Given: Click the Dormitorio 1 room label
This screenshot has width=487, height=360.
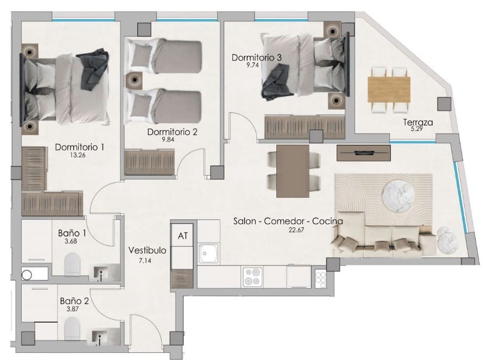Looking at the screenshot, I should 79,147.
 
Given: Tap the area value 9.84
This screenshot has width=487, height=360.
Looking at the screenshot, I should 161,138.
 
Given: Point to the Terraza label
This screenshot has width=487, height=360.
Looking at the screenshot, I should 418,123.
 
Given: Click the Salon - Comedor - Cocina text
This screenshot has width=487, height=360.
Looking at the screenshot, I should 288,221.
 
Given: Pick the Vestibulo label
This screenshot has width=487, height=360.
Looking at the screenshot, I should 147,250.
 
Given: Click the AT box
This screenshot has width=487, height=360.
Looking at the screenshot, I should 182,236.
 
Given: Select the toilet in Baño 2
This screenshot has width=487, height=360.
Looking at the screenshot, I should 72,328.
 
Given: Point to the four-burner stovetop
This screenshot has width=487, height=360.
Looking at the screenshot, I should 252,276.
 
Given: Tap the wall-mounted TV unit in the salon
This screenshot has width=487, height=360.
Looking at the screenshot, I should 363,153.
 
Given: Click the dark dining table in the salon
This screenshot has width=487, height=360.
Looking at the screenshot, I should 293,170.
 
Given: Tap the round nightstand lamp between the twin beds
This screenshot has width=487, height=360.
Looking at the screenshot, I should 132,80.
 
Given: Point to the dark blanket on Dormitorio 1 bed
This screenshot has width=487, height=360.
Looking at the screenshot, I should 93,69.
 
